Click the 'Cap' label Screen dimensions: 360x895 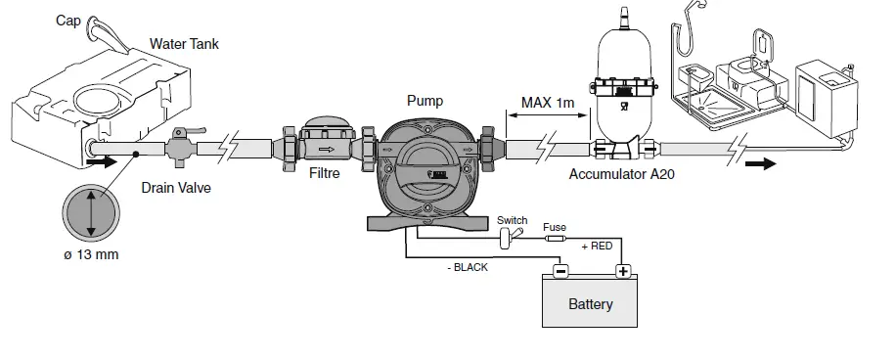[x=68, y=20]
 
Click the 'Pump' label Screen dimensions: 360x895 [x=425, y=100]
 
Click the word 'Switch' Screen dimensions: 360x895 [x=512, y=220]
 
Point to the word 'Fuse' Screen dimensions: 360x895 [x=555, y=226]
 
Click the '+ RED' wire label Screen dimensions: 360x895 [x=596, y=247]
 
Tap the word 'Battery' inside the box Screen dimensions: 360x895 [x=591, y=304]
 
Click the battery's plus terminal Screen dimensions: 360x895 [x=621, y=271]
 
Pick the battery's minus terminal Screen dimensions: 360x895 [x=559, y=271]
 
